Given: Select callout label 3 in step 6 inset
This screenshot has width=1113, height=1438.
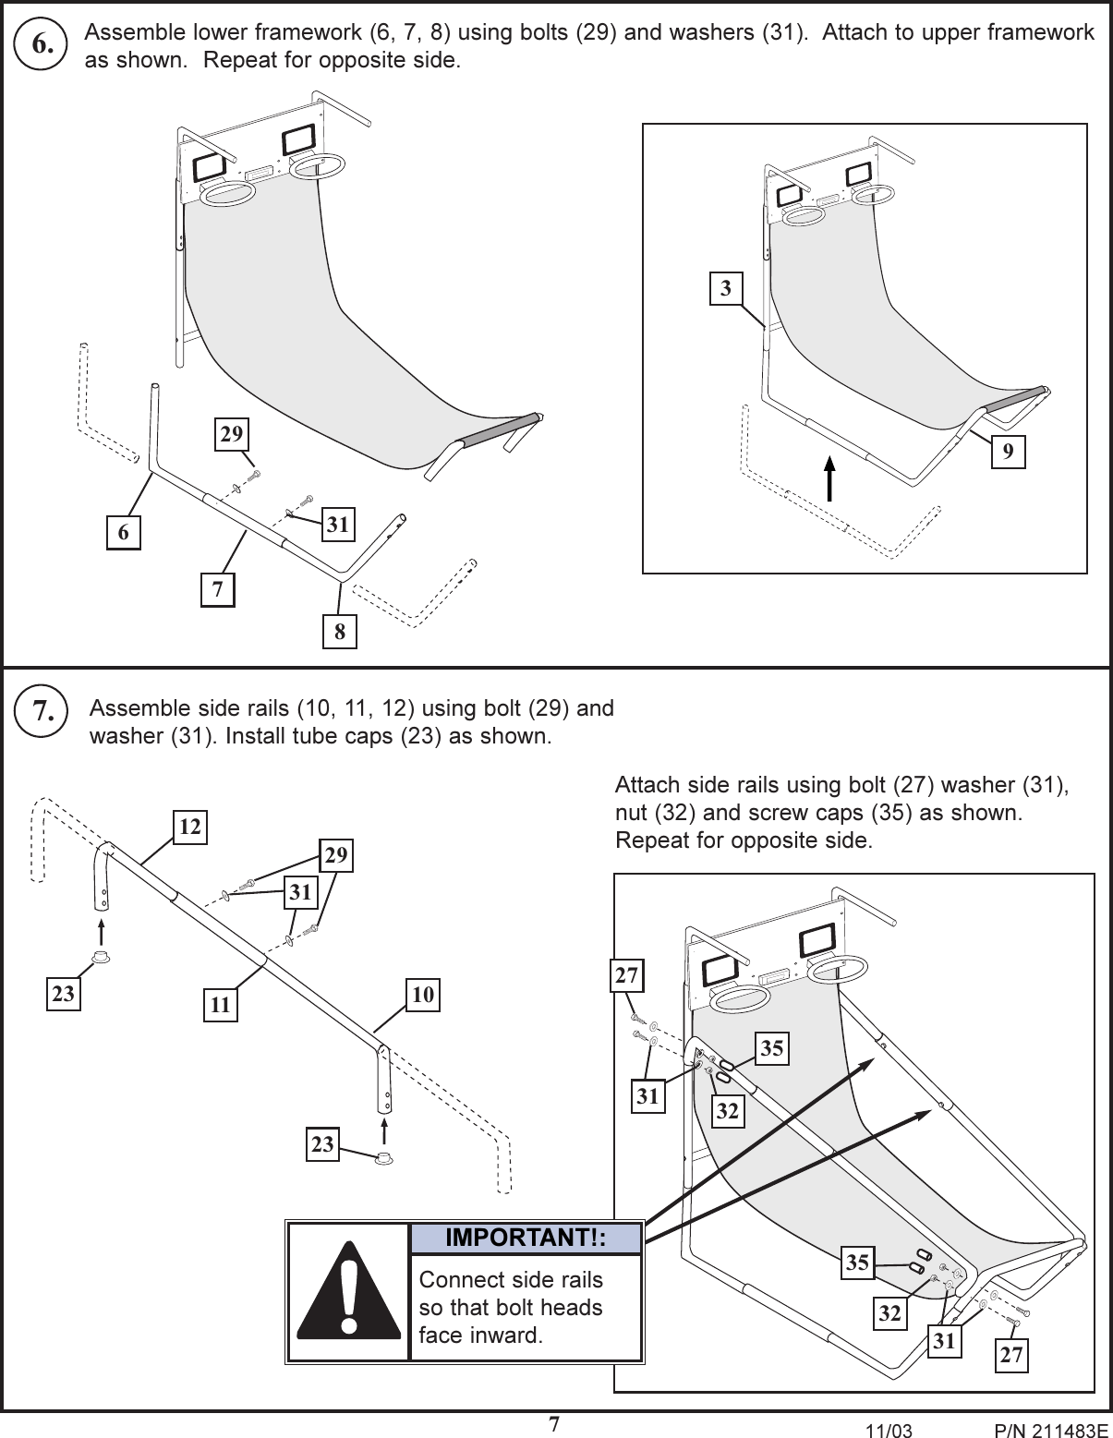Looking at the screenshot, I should coord(726,289).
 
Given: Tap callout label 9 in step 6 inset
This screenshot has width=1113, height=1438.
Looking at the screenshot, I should coord(1008,452).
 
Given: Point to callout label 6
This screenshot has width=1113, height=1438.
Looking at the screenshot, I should coord(124,533).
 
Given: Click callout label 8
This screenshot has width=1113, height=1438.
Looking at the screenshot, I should coord(339,633).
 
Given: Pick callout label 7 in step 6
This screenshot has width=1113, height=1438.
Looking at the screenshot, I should coord(218,589).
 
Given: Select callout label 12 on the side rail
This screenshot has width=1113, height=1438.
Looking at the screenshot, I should coord(189,828).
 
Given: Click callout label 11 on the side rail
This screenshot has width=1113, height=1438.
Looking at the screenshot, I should coord(220,1005).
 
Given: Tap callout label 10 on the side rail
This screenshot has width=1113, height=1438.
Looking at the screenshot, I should coord(423,995).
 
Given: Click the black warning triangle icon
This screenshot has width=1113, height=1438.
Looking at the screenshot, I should coord(348,1293).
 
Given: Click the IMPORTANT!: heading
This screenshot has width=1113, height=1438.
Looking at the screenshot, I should coord(525,1239).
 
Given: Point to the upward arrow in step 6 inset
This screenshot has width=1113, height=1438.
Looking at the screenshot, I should coord(829,477).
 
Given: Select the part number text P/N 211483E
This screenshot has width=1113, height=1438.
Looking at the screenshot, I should coord(1046,1431).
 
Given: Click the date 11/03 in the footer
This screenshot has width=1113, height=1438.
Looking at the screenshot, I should coord(884,1431).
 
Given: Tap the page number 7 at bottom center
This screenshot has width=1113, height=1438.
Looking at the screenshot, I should coord(554,1424).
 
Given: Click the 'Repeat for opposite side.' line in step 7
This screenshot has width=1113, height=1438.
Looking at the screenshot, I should coord(744,841).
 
